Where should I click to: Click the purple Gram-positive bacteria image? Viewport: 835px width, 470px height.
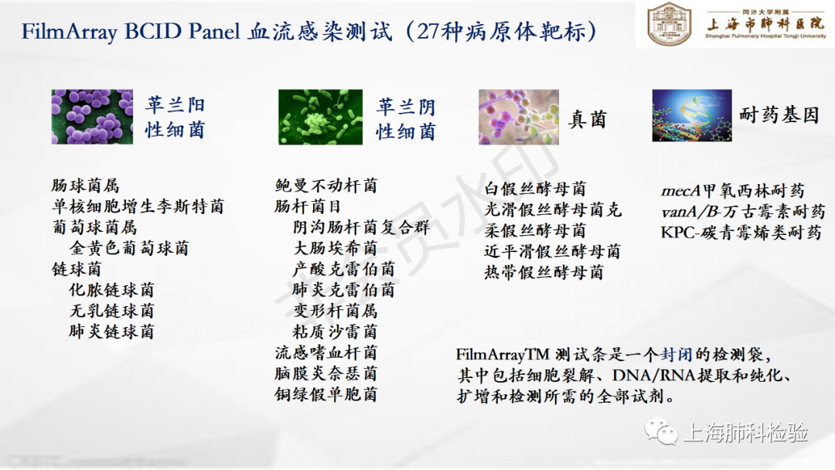coord(92,117)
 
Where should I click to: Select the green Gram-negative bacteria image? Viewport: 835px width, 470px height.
coord(320,117)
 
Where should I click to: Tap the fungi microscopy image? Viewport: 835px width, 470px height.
coord(519,117)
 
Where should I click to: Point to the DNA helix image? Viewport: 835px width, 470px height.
coord(692,115)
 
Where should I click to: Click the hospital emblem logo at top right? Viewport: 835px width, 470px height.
coord(669,24)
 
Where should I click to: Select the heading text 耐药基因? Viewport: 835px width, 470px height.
coord(779,115)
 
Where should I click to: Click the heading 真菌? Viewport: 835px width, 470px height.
coord(588,119)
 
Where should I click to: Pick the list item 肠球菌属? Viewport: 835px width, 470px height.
coord(85,186)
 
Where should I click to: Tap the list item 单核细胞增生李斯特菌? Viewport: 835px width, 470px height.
coord(138,206)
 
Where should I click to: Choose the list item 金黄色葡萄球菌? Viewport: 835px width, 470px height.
coord(129,248)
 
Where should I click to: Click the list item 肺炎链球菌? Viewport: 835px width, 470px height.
coord(111,332)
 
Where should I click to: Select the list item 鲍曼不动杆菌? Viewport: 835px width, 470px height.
coord(326,186)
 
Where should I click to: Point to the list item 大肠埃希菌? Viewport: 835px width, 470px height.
coord(335,248)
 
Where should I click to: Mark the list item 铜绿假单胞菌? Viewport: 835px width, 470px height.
coord(326,394)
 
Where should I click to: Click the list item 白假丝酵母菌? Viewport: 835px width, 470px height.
coord(535,189)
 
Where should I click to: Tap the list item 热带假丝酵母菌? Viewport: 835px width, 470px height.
coord(544,273)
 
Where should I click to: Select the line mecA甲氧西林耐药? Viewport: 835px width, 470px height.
coord(732,191)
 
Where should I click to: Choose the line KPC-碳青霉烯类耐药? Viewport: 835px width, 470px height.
coord(741,233)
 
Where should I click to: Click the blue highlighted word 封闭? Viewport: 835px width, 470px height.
coord(677,355)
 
